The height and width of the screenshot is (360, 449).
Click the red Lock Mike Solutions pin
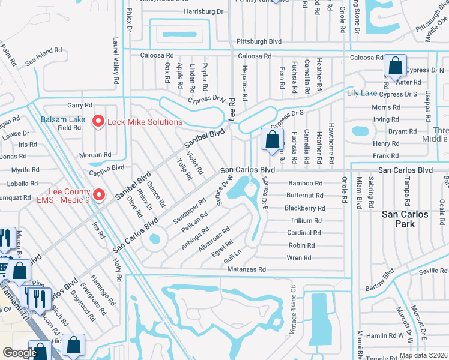point(98,122)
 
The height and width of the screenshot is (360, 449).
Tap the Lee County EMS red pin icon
point(100,195)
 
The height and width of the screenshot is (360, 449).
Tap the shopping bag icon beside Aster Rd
point(396,67)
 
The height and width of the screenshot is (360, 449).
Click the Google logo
point(20,353)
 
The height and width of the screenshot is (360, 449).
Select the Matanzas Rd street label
point(246,270)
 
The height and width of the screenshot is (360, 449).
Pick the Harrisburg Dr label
point(203,11)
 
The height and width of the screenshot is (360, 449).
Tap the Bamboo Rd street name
point(306,183)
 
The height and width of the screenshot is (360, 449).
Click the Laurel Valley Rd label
point(114,62)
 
